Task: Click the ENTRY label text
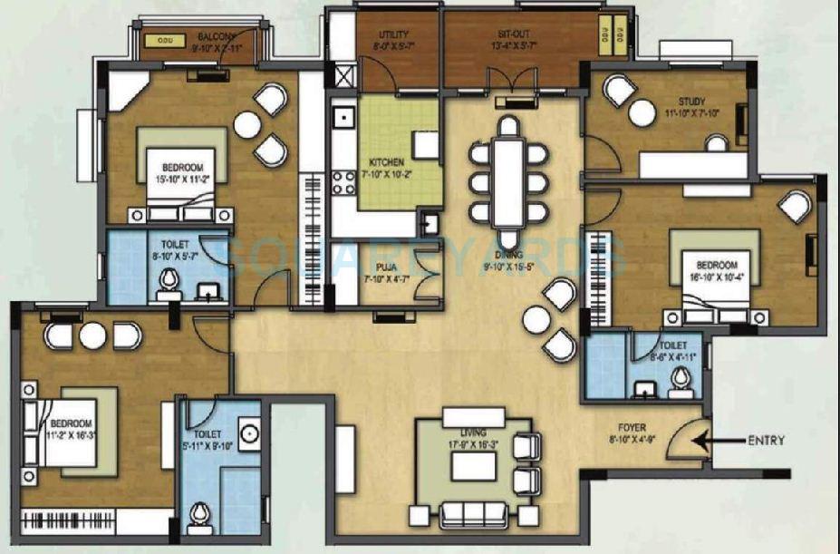766,442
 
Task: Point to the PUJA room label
383,267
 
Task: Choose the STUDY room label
690,102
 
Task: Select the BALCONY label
217,38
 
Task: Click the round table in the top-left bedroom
246,125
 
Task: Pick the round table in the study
642,113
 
